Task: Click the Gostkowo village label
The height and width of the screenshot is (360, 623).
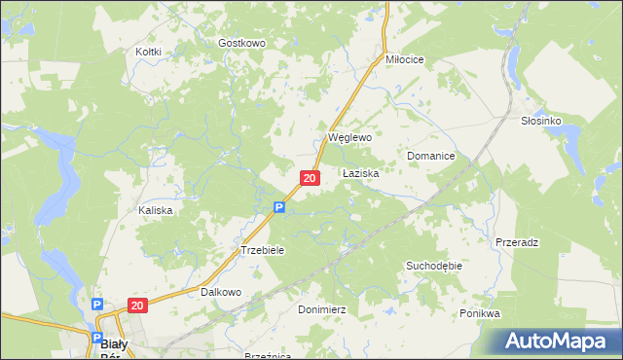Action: [241, 43]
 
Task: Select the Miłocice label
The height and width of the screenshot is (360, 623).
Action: [405, 59]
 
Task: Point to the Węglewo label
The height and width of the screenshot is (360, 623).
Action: [350, 138]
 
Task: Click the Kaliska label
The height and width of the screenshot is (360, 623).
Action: [156, 210]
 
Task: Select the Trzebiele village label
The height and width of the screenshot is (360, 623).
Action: [262, 250]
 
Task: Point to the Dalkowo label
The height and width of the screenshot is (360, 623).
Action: [220, 292]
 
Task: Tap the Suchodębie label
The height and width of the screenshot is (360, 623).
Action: [433, 265]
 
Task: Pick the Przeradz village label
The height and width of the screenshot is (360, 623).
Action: [517, 241]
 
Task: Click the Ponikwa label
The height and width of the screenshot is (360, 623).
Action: [480, 314]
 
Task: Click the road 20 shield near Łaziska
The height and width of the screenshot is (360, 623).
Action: [310, 178]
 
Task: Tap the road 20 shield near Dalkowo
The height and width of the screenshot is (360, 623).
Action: [135, 306]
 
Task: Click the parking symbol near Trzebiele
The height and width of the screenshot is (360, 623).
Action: [278, 207]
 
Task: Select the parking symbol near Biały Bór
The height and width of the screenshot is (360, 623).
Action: [98, 306]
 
